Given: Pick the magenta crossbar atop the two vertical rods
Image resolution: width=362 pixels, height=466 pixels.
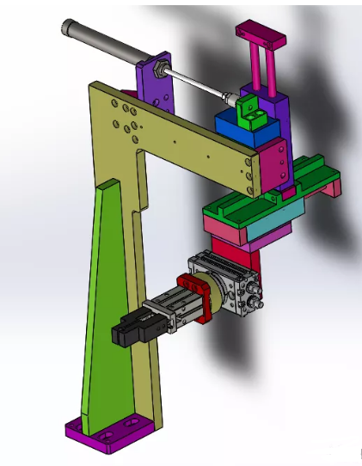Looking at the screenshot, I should (x=261, y=35).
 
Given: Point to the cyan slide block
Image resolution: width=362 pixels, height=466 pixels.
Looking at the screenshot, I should (x=274, y=226).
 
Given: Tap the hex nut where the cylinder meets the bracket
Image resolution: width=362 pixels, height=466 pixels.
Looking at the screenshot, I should (x=160, y=65).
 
